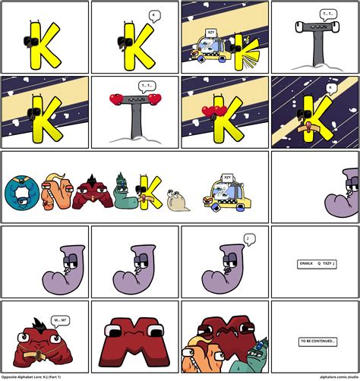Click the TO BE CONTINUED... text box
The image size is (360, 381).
click(317, 342)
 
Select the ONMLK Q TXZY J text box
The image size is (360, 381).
click(316, 264)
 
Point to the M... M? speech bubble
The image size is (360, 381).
click(59, 320)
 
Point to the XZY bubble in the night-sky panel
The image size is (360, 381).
click(210, 33)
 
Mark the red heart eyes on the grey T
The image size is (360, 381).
click(134, 99)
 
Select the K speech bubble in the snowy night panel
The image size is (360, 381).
click(330, 89)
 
